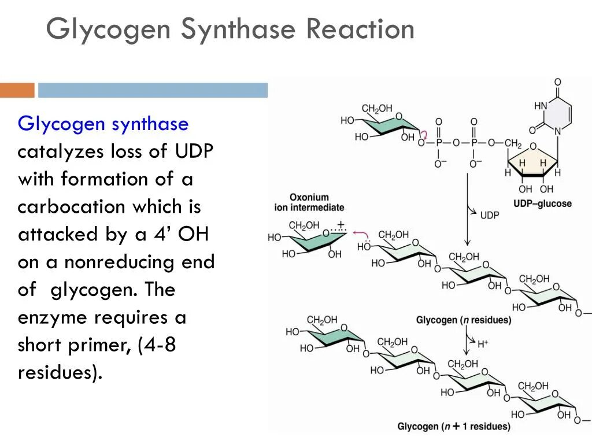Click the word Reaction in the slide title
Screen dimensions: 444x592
click(x=360, y=29)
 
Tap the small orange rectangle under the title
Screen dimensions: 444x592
click(x=17, y=90)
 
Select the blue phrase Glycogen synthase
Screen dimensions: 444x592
click(x=103, y=124)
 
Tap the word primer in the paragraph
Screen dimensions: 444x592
click(x=97, y=345)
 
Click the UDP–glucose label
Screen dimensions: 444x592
click(x=542, y=203)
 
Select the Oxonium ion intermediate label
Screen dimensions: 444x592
click(x=309, y=202)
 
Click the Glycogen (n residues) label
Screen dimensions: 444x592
click(x=464, y=320)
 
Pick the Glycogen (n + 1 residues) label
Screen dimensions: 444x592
click(x=454, y=427)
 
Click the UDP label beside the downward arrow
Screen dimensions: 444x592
click(x=490, y=214)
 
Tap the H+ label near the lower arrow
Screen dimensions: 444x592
click(x=483, y=344)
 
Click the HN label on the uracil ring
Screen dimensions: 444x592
click(x=541, y=106)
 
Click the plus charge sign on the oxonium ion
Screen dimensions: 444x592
click(x=341, y=223)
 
